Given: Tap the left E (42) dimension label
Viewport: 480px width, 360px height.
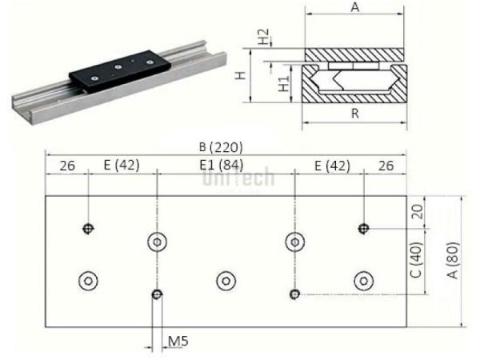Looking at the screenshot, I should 122,166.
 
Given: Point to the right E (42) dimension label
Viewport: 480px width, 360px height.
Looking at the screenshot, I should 330,166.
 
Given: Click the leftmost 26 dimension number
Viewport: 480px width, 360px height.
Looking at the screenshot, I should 67,166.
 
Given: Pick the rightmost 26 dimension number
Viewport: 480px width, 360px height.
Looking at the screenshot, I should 384,166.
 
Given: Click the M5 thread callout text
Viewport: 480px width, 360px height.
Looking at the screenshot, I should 178,342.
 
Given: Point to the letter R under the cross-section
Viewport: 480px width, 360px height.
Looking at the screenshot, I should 353,114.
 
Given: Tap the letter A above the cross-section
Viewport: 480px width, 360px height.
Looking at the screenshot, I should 353,8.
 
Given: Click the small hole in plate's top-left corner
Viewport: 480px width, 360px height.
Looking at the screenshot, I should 88,230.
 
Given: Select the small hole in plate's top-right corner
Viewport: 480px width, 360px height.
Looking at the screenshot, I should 364,229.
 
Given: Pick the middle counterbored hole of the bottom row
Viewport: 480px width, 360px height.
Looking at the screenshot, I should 226,279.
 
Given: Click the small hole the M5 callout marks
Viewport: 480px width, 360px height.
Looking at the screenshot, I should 158,294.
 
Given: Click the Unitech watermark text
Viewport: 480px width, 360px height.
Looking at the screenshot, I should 238,179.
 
